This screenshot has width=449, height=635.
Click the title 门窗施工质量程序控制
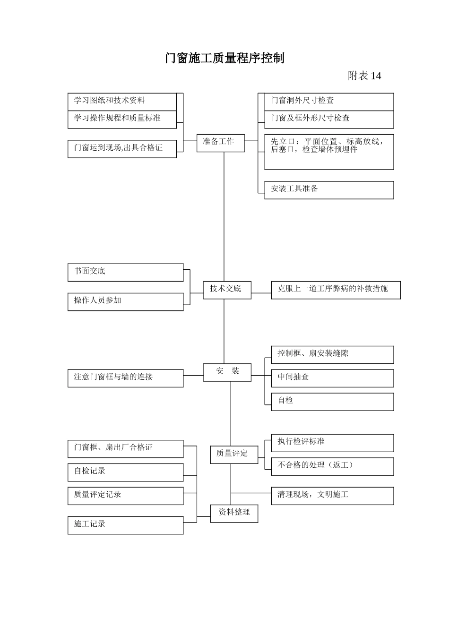pos(224,58)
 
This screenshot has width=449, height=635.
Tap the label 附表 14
pos(364,76)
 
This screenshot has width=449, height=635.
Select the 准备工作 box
pos(220,142)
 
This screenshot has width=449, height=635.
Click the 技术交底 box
pos(227,289)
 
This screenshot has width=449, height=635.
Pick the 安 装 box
pos(227,372)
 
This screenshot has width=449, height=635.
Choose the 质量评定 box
pos(234,454)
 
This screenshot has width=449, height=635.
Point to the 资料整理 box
pos(234,513)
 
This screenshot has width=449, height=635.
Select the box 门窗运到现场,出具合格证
pos(122,148)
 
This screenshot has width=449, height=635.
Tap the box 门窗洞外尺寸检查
pos(329,102)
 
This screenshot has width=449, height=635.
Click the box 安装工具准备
pos(329,190)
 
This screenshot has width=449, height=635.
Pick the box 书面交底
pos(125,273)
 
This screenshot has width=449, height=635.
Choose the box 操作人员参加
pos(125,301)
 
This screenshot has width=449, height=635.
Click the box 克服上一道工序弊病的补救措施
pos(336,290)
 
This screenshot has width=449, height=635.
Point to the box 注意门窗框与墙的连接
pos(125,378)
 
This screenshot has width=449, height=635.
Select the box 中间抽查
pos(332,378)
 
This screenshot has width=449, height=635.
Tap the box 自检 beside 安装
pos(332,402)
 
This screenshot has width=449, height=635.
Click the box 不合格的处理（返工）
pos(332,466)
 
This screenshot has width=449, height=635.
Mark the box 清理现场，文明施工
pos(332,496)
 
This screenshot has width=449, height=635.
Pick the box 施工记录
pos(125,525)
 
